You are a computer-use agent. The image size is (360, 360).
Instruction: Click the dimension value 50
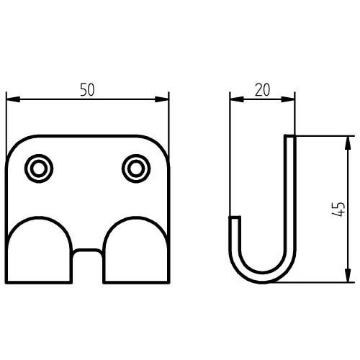click(87, 89)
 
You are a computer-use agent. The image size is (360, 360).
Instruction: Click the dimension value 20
click(262, 90)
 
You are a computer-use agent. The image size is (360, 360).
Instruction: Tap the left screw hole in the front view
click(39, 168)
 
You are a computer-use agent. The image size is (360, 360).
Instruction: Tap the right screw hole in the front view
click(136, 168)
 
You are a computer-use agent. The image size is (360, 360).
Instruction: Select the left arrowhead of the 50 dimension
click(13, 99)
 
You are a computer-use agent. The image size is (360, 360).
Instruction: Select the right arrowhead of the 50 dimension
click(162, 99)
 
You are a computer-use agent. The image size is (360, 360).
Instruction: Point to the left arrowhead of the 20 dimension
click(237, 99)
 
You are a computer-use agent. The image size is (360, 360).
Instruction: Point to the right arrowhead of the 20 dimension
click(288, 99)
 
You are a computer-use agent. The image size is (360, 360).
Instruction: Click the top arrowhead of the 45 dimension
click(348, 143)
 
